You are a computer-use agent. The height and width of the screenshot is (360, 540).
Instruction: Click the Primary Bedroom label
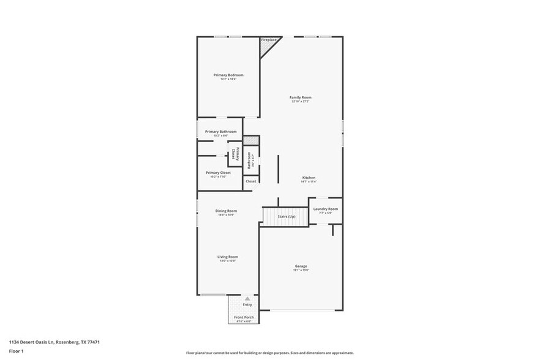(228, 75)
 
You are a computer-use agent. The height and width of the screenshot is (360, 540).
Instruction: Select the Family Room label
(301, 97)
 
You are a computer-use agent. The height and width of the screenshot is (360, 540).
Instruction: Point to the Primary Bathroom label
(220, 132)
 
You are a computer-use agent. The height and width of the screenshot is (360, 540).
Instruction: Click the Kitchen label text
(309, 178)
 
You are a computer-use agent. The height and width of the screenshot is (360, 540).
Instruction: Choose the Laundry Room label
(325, 209)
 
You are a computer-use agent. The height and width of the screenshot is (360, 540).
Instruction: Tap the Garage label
(301, 266)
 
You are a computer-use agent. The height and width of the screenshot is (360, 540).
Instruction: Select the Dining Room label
(226, 211)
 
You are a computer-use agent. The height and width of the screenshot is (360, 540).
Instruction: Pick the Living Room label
(228, 257)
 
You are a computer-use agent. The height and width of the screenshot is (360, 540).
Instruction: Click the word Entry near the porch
(247, 304)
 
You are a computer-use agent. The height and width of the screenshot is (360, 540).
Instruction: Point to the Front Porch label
(243, 317)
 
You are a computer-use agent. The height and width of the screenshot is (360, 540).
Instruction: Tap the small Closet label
(251, 181)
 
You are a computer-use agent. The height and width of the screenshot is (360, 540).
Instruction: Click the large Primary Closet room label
(218, 173)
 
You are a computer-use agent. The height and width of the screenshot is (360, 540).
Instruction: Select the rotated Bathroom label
(249, 160)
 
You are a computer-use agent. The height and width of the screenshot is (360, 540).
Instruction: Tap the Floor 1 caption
(16, 351)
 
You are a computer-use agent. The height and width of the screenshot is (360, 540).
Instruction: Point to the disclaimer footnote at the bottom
(269, 353)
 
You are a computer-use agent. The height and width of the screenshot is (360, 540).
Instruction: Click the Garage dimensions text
(301, 270)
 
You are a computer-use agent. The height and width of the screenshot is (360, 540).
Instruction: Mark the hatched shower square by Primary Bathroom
(251, 140)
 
